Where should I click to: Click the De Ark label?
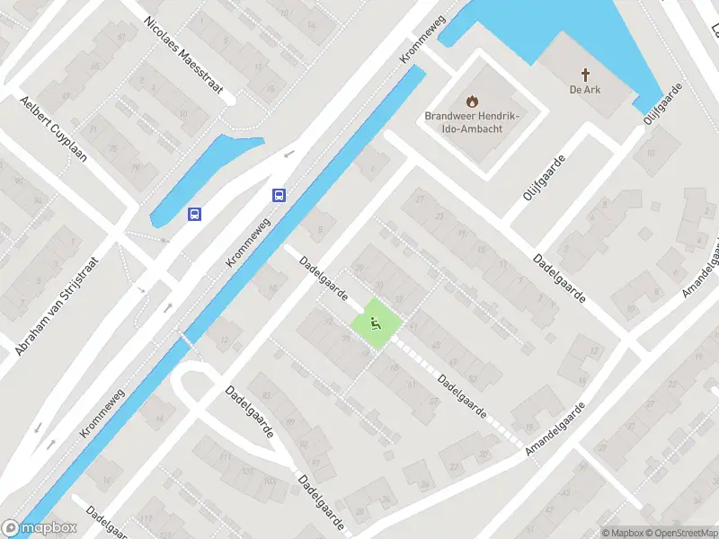pyautogui.click(x=584, y=90)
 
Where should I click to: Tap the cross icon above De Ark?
pyautogui.click(x=584, y=75)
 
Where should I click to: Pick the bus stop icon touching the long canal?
pyautogui.click(x=280, y=195)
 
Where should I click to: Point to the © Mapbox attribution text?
pyautogui.click(x=619, y=533)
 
